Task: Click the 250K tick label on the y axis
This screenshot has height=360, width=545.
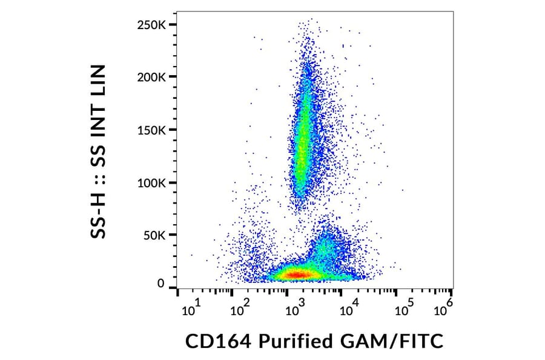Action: pos(153,25)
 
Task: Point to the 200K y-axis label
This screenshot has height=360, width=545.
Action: pos(153,78)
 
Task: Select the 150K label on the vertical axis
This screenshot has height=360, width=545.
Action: pos(153,130)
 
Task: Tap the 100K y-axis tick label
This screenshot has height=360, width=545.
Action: pos(153,183)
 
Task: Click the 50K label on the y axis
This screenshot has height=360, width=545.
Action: pos(156,235)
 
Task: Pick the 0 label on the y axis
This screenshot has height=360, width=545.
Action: pos(160,284)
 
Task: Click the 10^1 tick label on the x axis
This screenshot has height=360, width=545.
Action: pos(190,309)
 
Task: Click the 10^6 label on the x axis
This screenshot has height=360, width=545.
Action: pos(444,308)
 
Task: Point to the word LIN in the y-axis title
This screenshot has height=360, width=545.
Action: pos(98,82)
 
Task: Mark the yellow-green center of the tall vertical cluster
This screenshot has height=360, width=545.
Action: pos(303,130)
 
